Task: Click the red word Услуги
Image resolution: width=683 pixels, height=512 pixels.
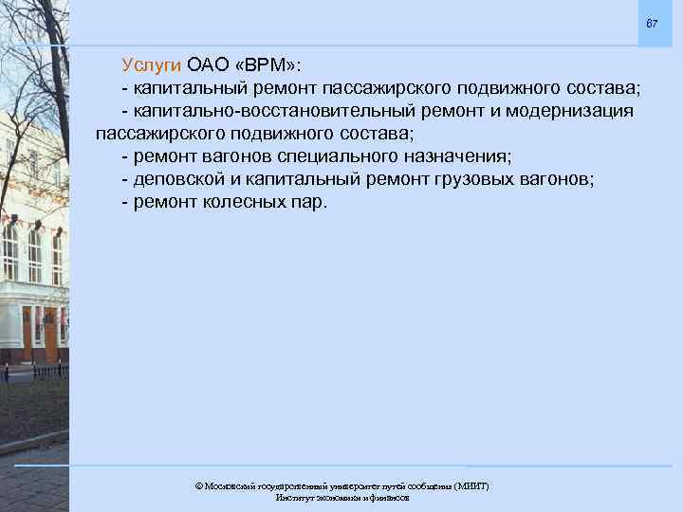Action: pyautogui.click(x=151, y=65)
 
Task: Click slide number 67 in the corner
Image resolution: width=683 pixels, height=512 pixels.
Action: pyautogui.click(x=652, y=23)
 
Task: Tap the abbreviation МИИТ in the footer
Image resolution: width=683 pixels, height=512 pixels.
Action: pyautogui.click(x=471, y=485)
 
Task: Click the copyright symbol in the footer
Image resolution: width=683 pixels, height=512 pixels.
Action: pyautogui.click(x=198, y=485)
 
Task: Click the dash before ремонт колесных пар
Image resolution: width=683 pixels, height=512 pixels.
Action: pyautogui.click(x=125, y=201)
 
